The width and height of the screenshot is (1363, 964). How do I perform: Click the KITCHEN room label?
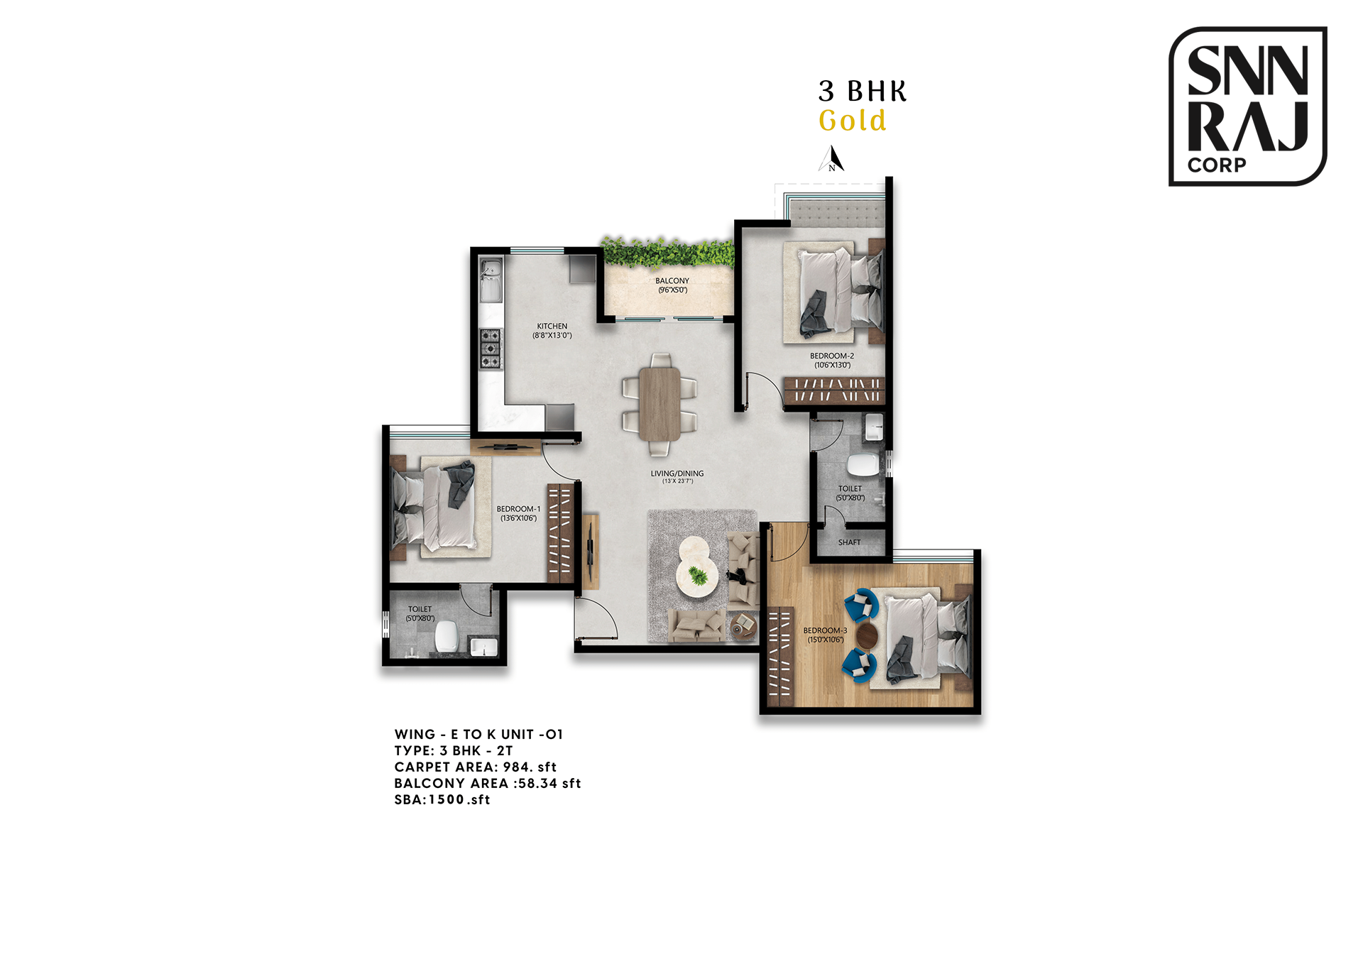(x=552, y=327)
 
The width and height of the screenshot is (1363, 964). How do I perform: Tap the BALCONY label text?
(x=672, y=281)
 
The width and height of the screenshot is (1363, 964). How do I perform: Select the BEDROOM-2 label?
(x=831, y=356)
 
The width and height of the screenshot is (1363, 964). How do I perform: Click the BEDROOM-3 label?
(x=825, y=630)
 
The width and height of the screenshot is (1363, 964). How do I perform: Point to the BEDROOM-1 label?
(x=518, y=509)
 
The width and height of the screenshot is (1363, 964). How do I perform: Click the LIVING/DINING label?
(x=677, y=473)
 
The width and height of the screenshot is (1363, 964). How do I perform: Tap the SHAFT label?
(x=849, y=542)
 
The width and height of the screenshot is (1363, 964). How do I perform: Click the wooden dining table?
(x=659, y=403)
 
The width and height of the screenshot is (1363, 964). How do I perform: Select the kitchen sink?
(x=491, y=280)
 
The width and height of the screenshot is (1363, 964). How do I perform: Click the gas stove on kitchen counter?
(x=491, y=349)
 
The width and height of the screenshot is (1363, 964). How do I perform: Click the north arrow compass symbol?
(x=833, y=159)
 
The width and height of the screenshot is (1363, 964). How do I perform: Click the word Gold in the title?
(x=852, y=121)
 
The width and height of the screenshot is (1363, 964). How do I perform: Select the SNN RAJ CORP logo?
(x=1247, y=106)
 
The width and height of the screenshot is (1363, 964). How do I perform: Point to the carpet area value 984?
(x=518, y=767)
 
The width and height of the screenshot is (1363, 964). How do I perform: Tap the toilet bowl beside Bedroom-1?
(x=446, y=636)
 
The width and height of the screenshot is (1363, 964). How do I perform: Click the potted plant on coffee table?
(x=699, y=576)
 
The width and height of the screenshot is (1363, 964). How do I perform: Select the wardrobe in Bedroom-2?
(x=834, y=390)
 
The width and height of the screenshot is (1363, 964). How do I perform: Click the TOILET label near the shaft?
(x=850, y=489)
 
